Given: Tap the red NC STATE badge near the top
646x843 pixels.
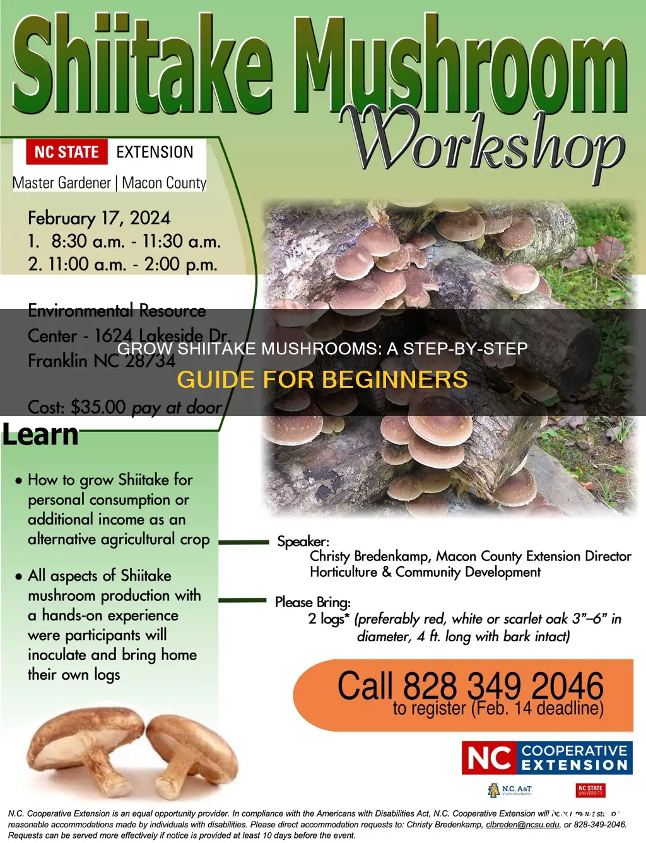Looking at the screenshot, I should click(67, 152).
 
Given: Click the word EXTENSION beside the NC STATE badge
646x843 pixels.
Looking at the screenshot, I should click(155, 152).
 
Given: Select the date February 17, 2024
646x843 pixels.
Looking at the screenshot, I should click(99, 218).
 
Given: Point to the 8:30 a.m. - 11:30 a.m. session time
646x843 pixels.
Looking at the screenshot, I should click(136, 241).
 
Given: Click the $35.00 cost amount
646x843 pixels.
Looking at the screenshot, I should click(98, 407).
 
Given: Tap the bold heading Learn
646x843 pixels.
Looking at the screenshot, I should click(40, 435).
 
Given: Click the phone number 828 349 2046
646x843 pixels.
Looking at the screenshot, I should click(503, 686).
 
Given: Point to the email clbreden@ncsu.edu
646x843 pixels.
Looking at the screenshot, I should click(522, 824).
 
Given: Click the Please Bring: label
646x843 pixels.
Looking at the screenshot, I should click(312, 602).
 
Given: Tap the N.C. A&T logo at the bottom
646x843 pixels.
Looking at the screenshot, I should click(510, 790).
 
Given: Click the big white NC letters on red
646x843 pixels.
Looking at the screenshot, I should click(490, 758).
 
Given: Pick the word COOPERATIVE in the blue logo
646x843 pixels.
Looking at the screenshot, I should click(574, 750).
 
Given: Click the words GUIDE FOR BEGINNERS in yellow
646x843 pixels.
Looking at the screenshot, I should click(322, 380).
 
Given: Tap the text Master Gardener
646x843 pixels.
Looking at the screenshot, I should click(62, 183).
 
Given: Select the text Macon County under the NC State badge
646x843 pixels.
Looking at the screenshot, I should click(164, 183).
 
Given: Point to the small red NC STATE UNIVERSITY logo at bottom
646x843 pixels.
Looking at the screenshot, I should click(590, 790).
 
